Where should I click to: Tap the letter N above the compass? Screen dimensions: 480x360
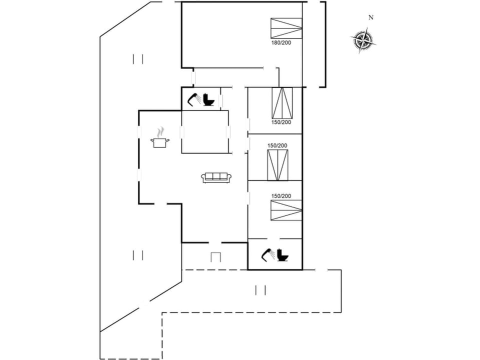tap(370, 18)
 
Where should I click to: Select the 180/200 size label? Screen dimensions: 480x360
tap(281, 43)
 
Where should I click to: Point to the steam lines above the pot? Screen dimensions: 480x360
tap(160, 132)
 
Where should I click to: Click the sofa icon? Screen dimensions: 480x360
tap(216, 177)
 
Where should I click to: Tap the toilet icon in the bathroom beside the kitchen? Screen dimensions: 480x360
tap(208, 100)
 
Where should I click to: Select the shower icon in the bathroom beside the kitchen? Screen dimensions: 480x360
tap(194, 100)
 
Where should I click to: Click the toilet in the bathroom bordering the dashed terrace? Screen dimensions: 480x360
tap(282, 255)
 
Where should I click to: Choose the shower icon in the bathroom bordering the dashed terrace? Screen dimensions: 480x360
tap(268, 255)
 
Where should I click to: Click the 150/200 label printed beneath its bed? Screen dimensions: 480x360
tap(281, 122)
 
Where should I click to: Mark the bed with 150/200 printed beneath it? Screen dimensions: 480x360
tap(282, 103)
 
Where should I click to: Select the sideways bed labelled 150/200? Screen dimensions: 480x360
tap(286, 210)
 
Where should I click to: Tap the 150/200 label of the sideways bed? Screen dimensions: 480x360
tap(281, 196)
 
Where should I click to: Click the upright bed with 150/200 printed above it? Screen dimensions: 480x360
tap(277, 165)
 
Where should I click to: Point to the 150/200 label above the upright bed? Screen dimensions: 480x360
tap(277, 145)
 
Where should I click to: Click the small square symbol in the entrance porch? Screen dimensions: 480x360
tap(215, 257)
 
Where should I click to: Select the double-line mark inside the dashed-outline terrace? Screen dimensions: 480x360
tap(260, 290)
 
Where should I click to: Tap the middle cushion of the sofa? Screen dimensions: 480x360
tap(216, 176)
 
